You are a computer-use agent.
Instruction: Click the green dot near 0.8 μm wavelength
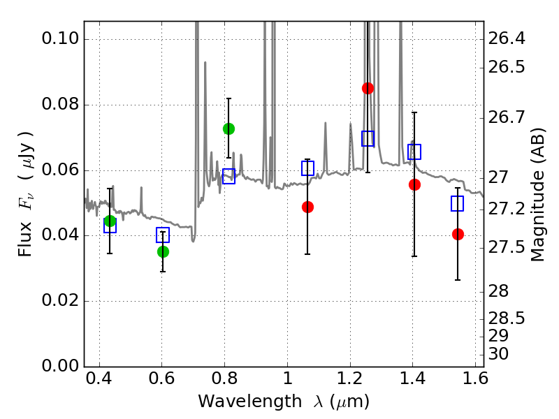tap(228, 128)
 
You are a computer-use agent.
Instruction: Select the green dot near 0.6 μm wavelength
tap(163, 252)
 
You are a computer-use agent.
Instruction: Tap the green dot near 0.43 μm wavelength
tap(110, 221)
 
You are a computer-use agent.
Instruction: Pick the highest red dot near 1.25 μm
tap(368, 88)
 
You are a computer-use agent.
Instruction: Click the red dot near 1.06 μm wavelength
tap(307, 207)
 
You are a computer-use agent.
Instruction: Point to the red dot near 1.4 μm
tap(414, 184)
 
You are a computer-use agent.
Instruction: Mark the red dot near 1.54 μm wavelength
tap(458, 234)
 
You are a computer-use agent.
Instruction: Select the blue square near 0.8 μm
tap(228, 176)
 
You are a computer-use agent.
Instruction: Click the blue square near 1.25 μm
tap(368, 138)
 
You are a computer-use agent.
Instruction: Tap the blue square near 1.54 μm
tap(457, 203)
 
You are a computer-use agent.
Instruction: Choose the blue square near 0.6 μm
tap(163, 235)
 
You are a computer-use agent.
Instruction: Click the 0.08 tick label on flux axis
tap(60, 104)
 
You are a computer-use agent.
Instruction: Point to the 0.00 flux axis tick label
tap(60, 366)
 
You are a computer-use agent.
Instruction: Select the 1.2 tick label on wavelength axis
tap(350, 378)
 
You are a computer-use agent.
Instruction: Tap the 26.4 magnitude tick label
tap(506, 38)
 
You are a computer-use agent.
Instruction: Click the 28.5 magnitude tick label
tap(506, 318)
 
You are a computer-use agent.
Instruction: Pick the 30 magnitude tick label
tap(498, 354)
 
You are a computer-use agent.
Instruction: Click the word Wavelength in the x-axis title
tap(250, 402)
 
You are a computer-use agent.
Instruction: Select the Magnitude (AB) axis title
tap(538, 195)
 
